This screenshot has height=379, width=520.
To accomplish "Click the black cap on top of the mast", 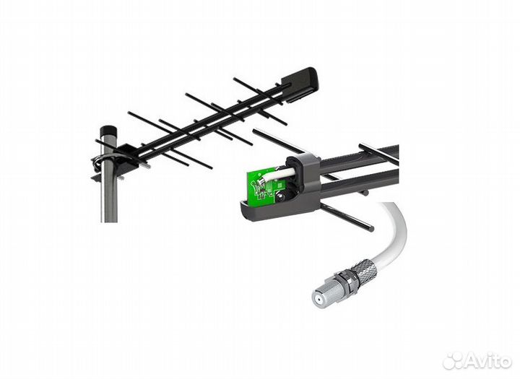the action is [108, 130].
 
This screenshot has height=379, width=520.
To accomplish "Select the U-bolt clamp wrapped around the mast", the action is [105, 162].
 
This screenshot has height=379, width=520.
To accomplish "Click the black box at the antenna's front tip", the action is [300, 84].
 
